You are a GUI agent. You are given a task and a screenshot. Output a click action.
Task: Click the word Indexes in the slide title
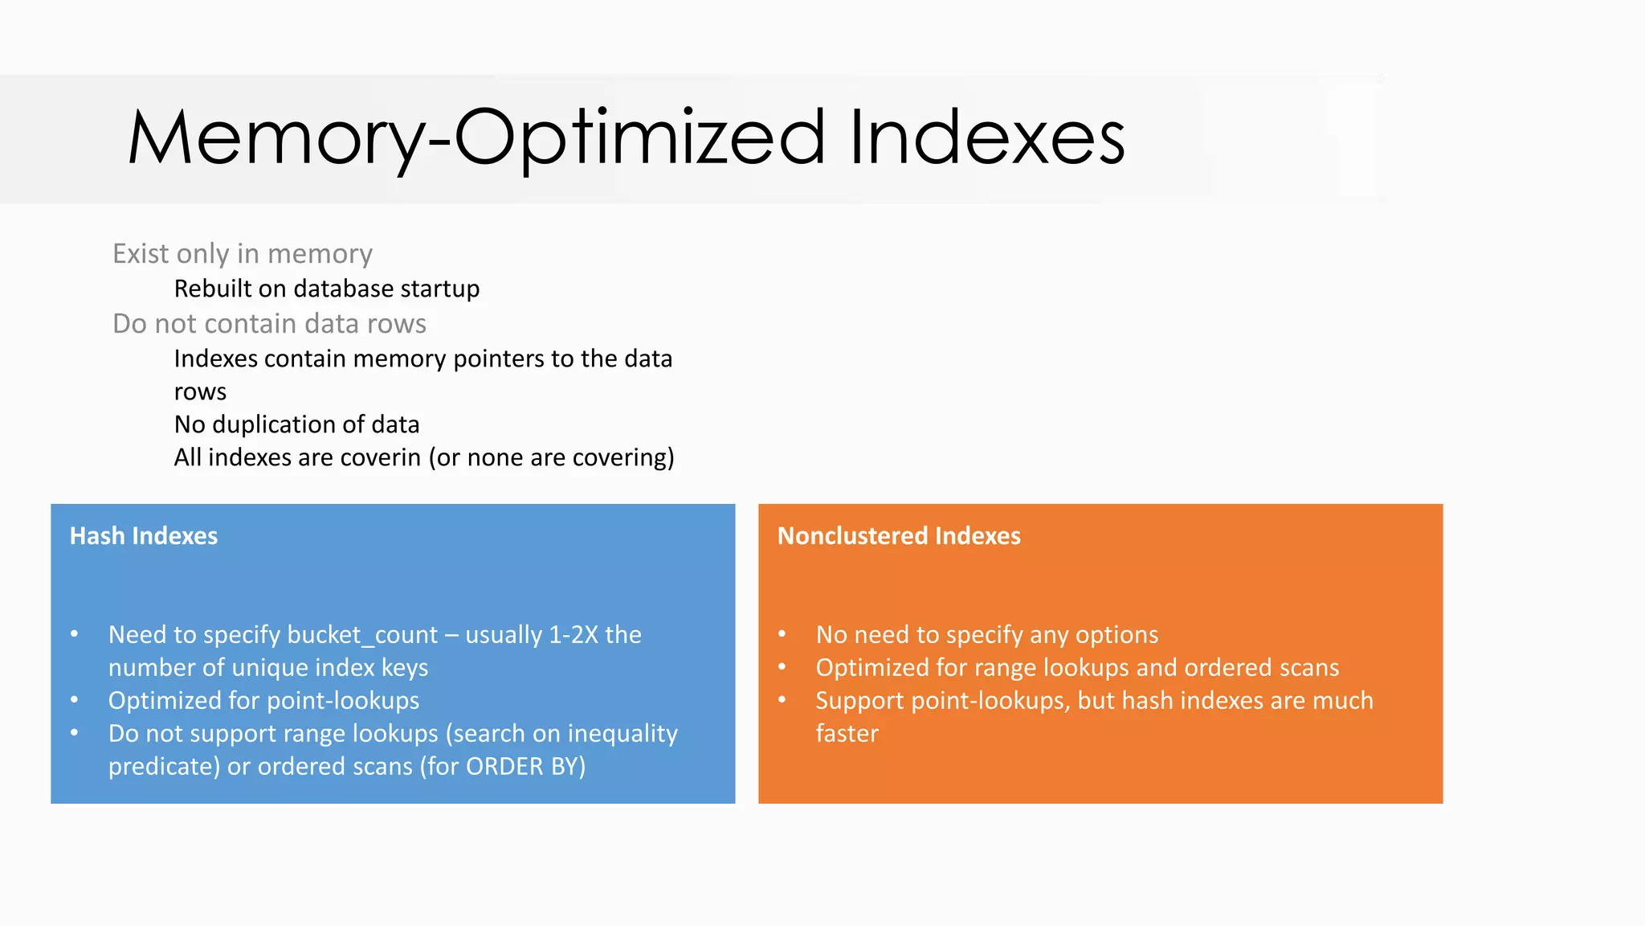(x=986, y=138)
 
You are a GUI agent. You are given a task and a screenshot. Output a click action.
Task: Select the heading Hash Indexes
(x=144, y=536)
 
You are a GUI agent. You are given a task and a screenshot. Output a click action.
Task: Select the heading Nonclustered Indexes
(x=898, y=536)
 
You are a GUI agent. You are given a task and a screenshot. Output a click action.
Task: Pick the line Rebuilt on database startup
(x=326, y=289)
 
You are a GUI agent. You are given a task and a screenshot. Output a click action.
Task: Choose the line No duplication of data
(x=296, y=424)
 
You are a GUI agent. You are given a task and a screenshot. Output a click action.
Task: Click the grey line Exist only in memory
(x=242, y=254)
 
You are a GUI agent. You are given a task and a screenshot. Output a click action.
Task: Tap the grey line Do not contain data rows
(x=269, y=324)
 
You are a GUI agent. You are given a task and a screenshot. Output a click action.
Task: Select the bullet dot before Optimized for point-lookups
(x=75, y=700)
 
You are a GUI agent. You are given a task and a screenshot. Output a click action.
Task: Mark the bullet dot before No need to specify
(x=782, y=634)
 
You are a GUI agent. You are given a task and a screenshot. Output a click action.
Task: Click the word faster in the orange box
(x=847, y=734)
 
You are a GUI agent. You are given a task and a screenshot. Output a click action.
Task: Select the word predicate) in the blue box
(x=164, y=767)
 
